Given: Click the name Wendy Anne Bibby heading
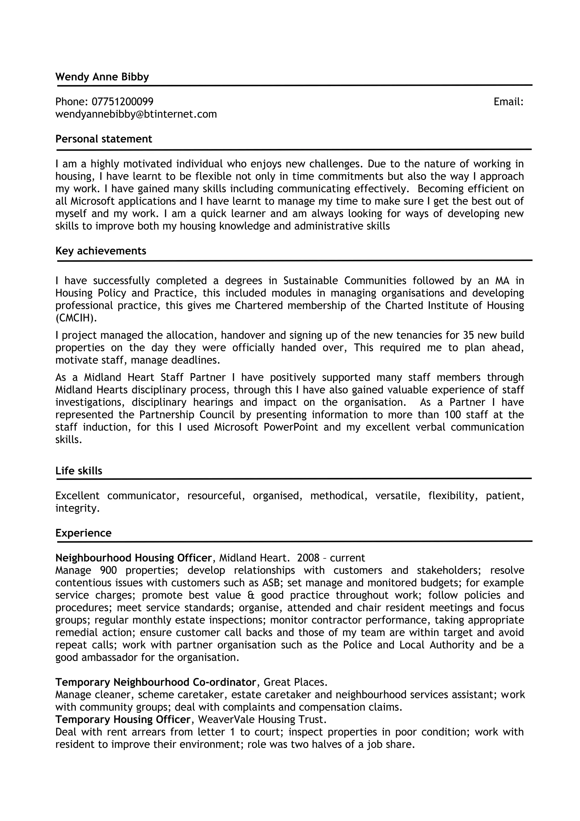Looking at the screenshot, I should tap(102, 77).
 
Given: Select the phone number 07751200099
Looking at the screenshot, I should tap(123, 102).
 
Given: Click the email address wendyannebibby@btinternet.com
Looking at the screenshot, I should tap(136, 114).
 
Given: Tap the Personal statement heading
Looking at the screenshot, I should tap(104, 139).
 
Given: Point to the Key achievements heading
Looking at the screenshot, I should tap(101, 251).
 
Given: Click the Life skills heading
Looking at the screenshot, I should tap(79, 471).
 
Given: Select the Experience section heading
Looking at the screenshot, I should tap(83, 533).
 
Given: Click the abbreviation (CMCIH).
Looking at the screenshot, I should tap(76, 318).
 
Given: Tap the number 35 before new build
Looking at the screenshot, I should tap(468, 335).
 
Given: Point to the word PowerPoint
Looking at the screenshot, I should tap(291, 427).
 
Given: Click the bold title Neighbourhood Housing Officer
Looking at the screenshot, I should tap(134, 558).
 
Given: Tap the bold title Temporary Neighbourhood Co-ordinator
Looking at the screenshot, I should tap(156, 682).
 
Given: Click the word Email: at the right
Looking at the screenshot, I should tap(508, 102).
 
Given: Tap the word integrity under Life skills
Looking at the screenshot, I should tap(77, 508).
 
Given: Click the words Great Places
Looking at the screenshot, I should tap(295, 682).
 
